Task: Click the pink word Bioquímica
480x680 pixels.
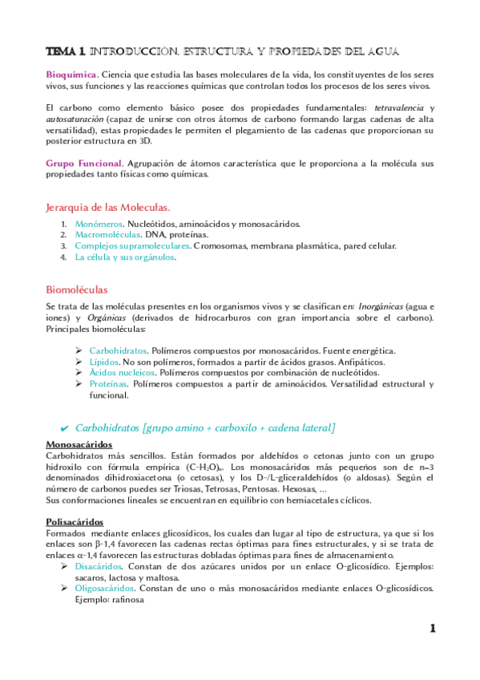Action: (71, 75)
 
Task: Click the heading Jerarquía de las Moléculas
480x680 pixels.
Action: (108, 206)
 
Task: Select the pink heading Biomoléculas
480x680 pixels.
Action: (77, 289)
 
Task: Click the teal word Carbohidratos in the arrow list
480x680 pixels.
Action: (119, 351)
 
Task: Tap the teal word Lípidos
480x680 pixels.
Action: (104, 362)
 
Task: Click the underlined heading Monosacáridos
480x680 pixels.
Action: (79, 444)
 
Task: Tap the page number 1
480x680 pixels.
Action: (431, 629)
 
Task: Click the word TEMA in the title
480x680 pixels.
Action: (61, 51)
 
